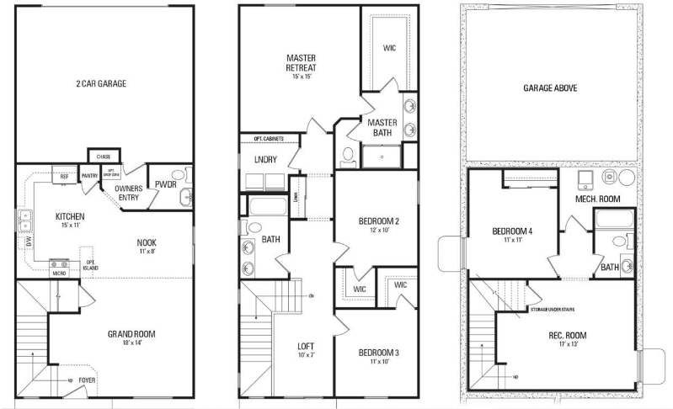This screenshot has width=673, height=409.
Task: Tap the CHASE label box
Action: coord(104,157)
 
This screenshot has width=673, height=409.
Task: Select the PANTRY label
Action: coord(90,176)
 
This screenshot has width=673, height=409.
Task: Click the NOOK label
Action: coord(147,242)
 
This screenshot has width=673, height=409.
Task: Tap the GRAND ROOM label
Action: coord(131,335)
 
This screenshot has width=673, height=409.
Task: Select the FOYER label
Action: coord(88,380)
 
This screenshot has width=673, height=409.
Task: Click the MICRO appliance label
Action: coord(58,273)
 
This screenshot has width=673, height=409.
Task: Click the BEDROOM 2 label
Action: coord(378,221)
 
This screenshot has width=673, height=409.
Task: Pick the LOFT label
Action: coord(306,346)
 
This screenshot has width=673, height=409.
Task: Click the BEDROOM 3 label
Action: coord(379,351)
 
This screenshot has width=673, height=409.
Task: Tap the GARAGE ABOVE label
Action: coord(550,88)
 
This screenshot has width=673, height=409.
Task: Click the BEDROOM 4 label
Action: coord(512,231)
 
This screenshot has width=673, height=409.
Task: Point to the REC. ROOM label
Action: coord(568,335)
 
